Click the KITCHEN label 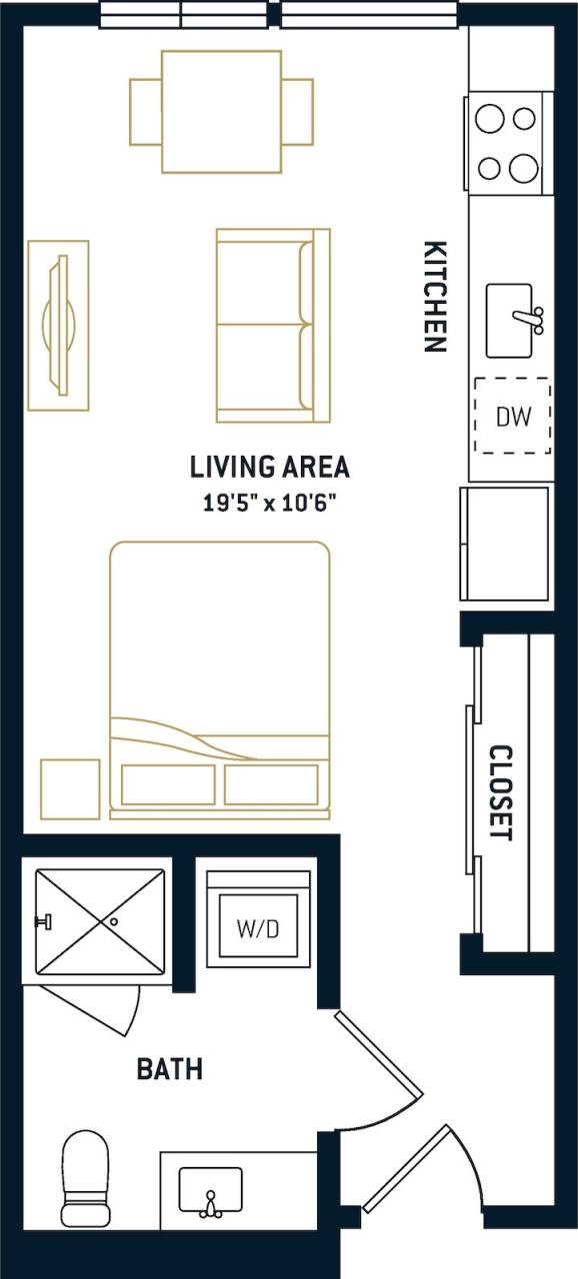pyautogui.click(x=434, y=297)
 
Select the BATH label pyautogui.click(x=169, y=1069)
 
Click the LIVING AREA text pyautogui.click(x=269, y=467)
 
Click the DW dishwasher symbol pyautogui.click(x=512, y=416)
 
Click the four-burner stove pyautogui.click(x=507, y=143)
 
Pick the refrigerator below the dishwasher pyautogui.click(x=505, y=544)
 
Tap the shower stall pyautogui.click(x=100, y=920)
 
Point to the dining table pyautogui.click(x=221, y=111)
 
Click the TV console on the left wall pyautogui.click(x=58, y=325)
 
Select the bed pyautogui.click(x=220, y=679)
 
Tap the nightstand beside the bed pyautogui.click(x=70, y=788)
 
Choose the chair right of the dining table pyautogui.click(x=298, y=111)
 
